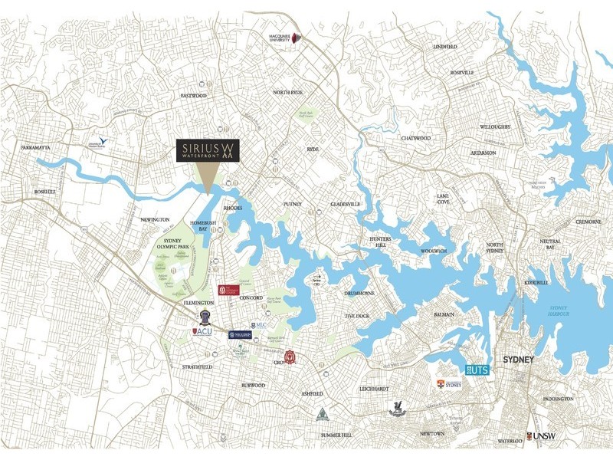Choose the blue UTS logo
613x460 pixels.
(x=477, y=370)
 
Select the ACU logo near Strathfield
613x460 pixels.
(x=202, y=332)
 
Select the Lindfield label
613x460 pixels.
(x=444, y=47)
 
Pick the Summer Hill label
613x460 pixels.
(x=336, y=435)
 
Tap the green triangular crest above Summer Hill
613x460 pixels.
(x=323, y=415)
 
